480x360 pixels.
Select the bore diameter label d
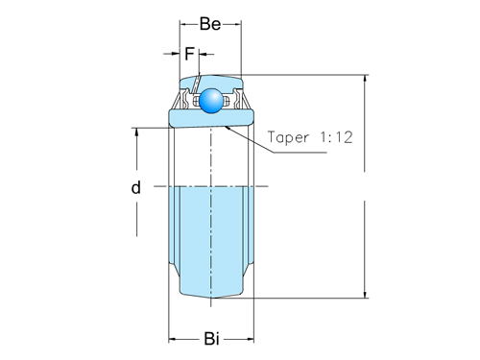point(136,188)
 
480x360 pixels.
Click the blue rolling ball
point(209,101)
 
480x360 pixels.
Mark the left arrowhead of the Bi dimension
point(174,338)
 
